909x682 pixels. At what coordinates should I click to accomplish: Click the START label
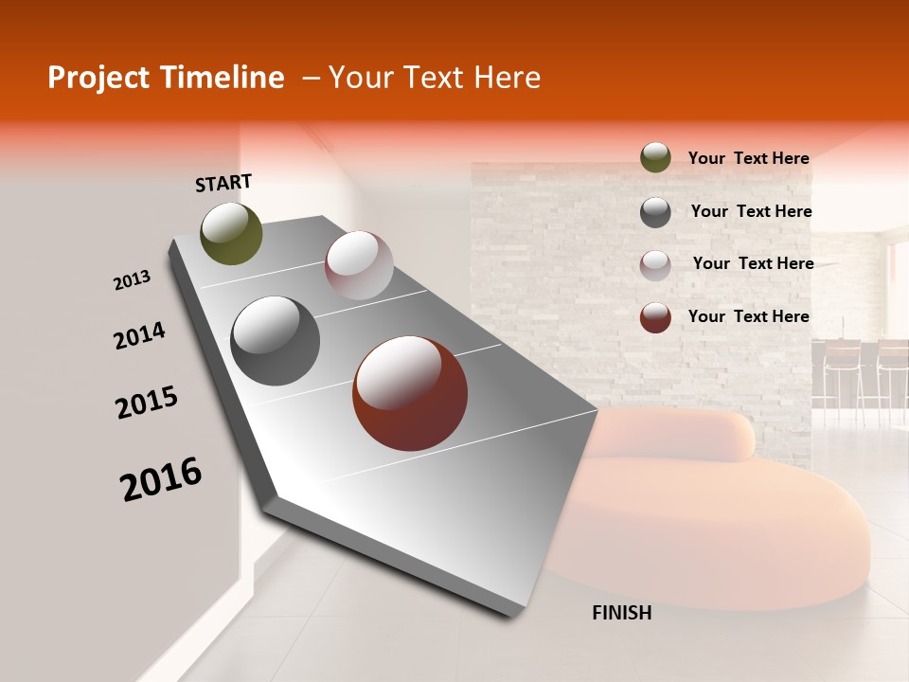(223, 183)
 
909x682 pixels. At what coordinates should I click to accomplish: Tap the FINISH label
(621, 613)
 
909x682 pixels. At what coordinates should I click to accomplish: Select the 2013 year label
(133, 280)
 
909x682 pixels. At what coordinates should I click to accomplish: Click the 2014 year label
(139, 335)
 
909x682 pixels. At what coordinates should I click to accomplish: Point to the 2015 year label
(147, 403)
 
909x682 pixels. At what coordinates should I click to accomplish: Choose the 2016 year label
(161, 478)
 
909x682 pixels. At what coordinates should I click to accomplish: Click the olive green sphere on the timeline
(232, 233)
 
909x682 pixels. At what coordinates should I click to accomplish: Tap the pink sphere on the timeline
(359, 265)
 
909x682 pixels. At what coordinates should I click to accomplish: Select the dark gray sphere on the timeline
(276, 341)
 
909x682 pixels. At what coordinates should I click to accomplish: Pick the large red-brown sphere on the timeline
(410, 393)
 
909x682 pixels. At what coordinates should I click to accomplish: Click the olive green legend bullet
(655, 158)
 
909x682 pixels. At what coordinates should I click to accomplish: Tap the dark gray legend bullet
(655, 212)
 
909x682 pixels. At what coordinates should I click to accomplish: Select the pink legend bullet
(655, 264)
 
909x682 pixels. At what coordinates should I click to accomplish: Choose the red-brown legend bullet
(655, 317)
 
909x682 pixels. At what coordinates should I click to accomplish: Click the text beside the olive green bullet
(748, 158)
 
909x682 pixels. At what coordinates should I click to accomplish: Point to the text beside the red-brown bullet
(748, 316)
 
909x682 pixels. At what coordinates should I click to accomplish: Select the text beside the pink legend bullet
(753, 263)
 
